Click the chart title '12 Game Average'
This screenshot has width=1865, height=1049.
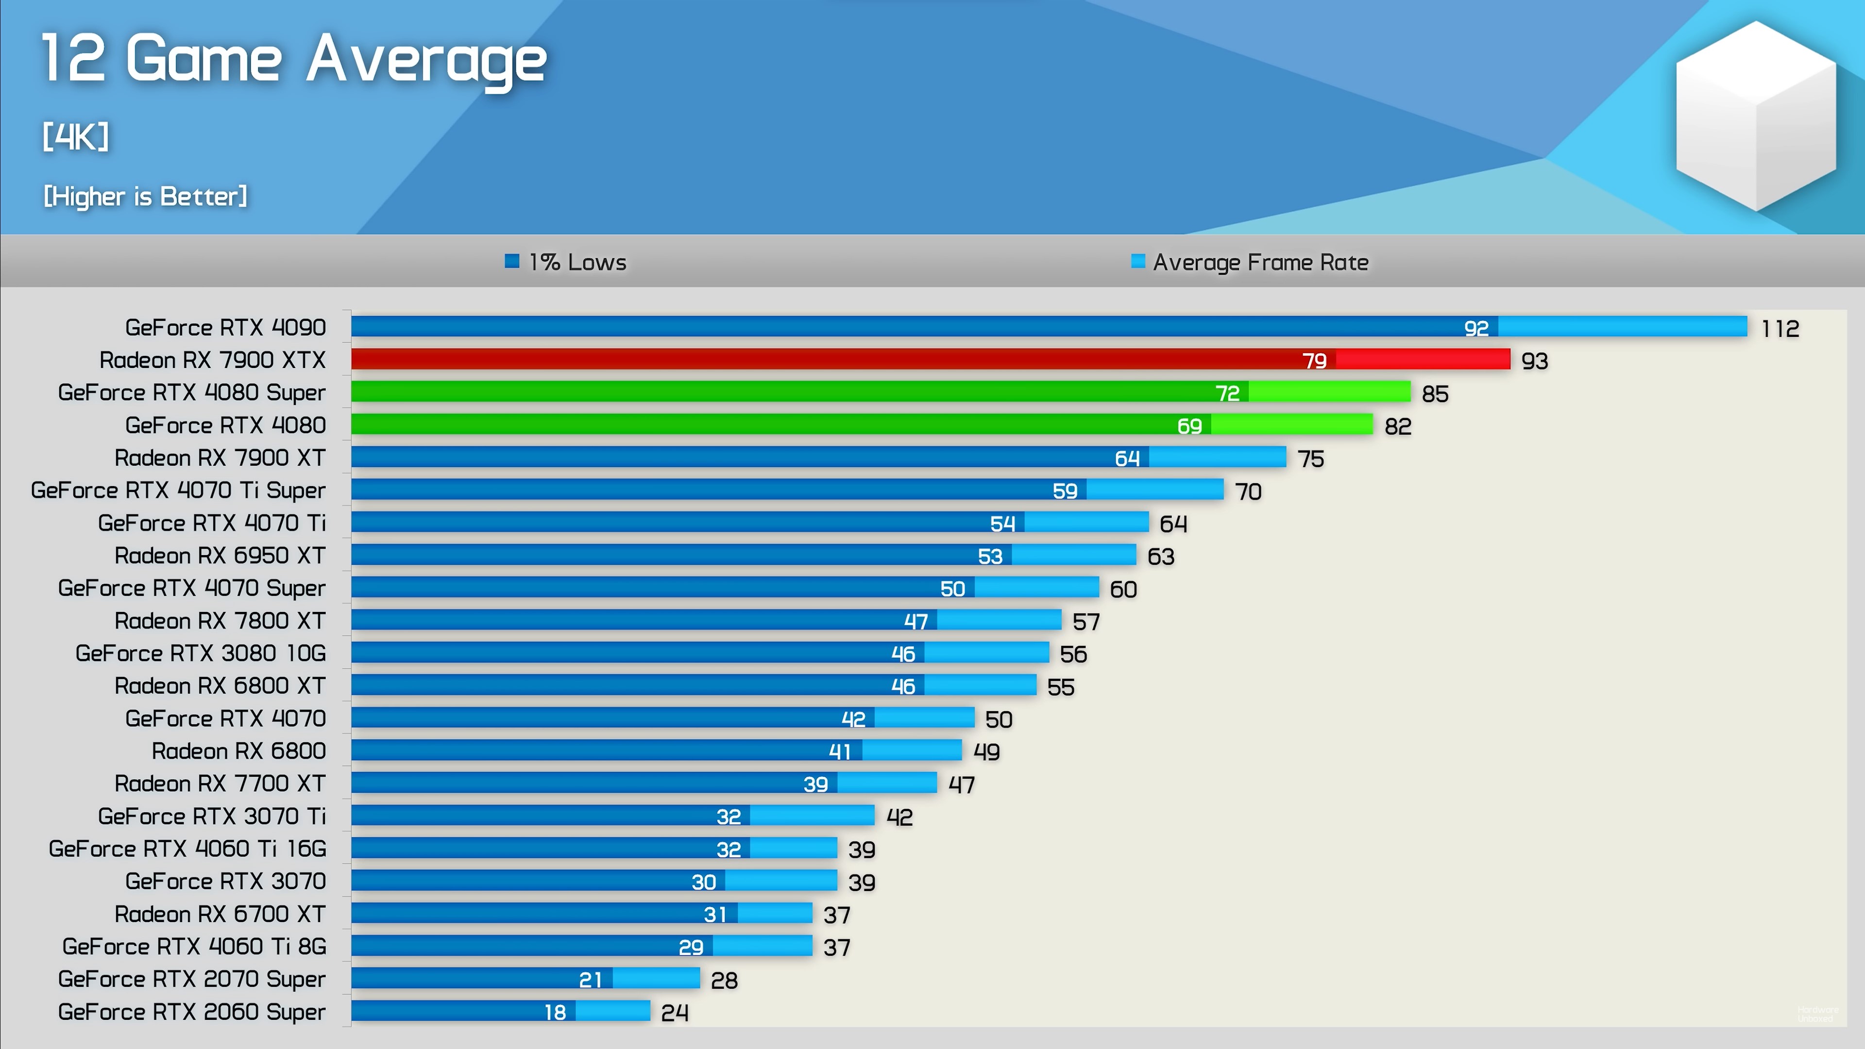coord(293,59)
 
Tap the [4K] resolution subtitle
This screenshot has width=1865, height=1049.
coord(75,136)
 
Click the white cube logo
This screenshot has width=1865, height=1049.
coord(1756,116)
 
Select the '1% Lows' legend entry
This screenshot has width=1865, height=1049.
coord(566,262)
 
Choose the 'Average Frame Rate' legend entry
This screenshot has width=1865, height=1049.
coord(1250,262)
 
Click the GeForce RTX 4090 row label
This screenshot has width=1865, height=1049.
coord(225,327)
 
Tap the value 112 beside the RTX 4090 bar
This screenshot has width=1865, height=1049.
coord(1780,329)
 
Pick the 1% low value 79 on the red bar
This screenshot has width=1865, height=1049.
coord(1314,360)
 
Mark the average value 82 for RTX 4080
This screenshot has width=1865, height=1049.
coord(1397,426)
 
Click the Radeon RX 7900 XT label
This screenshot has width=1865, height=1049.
coord(220,457)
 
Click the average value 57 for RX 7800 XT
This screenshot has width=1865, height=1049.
coord(1085,622)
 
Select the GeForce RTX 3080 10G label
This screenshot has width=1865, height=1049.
coord(201,653)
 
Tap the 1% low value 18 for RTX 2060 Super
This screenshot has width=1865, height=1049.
coord(555,1012)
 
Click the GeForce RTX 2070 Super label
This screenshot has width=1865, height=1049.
coord(192,979)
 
